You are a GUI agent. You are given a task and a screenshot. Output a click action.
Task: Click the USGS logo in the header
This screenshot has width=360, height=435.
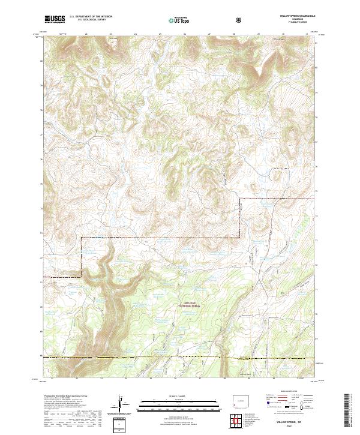tap(55, 20)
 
